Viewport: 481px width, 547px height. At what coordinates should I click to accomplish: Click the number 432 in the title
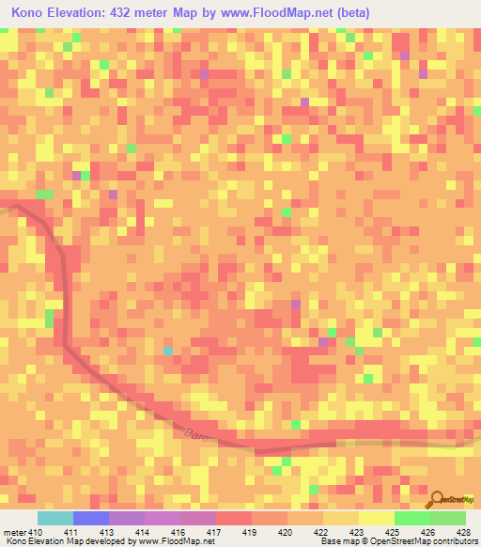137,13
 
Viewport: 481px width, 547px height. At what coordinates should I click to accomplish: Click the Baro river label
195,433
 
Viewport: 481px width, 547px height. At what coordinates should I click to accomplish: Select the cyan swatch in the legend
55,518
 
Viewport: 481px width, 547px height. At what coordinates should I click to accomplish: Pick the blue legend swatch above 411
91,518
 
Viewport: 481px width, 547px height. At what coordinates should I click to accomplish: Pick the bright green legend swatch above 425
412,518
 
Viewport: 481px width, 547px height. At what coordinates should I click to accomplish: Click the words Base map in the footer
338,541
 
